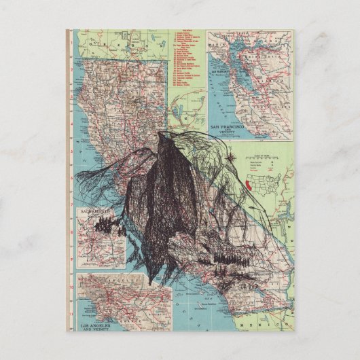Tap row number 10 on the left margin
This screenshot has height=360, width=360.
[73, 286]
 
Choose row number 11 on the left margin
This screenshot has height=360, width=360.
[73, 314]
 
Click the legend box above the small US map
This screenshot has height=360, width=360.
[263, 163]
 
